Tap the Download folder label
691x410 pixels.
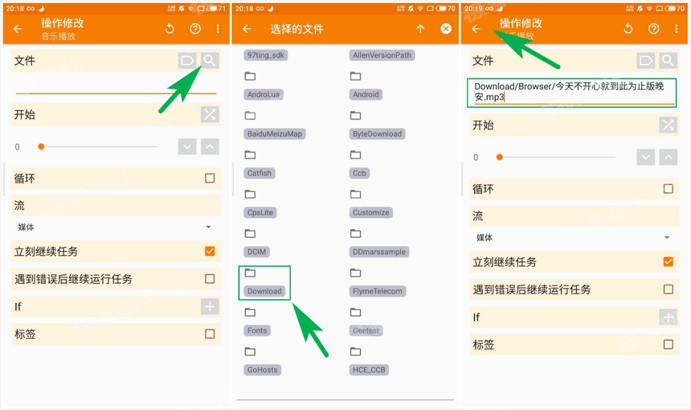click(x=264, y=291)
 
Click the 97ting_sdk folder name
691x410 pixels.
click(x=265, y=55)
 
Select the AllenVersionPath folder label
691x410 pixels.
click(x=382, y=55)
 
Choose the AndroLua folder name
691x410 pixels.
click(x=264, y=94)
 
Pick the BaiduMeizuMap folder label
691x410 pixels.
click(x=275, y=134)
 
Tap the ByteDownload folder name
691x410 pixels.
click(x=377, y=134)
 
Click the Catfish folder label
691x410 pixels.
click(x=259, y=173)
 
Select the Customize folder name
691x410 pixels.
click(x=371, y=212)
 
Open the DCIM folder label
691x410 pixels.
click(x=257, y=252)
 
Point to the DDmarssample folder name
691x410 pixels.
click(x=379, y=252)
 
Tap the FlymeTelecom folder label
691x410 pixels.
click(x=377, y=291)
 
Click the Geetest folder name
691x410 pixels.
click(x=366, y=331)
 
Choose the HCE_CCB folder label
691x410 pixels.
click(x=369, y=370)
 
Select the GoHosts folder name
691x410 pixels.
click(x=262, y=370)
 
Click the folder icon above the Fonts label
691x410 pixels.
click(x=250, y=312)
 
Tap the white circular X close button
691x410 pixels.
click(x=446, y=29)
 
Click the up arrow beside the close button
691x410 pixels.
click(x=420, y=29)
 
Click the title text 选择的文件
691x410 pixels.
click(x=297, y=29)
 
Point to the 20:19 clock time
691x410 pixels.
click(x=473, y=9)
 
